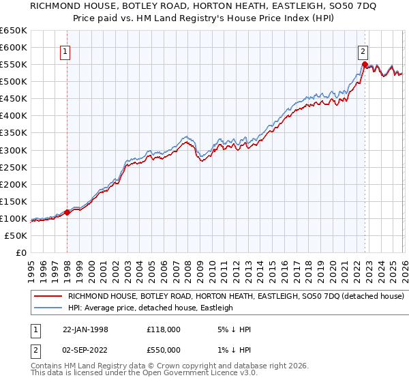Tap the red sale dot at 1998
[x=67, y=212]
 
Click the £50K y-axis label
[x=16, y=235]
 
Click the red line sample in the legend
[x=48, y=297]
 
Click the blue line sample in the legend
[x=48, y=308]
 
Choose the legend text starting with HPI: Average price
[x=151, y=308]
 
